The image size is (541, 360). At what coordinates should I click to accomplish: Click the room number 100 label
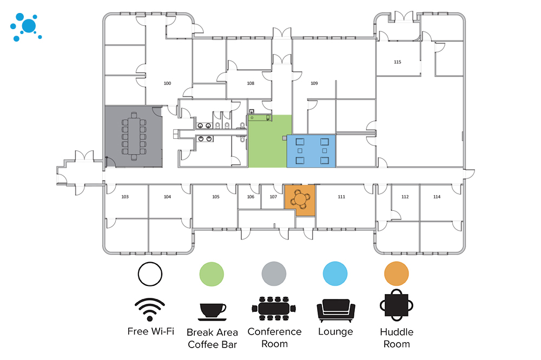[167, 83]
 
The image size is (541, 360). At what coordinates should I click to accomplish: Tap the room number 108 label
[250, 83]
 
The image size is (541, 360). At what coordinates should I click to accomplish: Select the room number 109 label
[314, 83]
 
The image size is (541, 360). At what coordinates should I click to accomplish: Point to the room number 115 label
[398, 62]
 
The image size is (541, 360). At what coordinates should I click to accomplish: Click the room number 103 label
[125, 197]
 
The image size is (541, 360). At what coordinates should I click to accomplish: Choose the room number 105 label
[216, 197]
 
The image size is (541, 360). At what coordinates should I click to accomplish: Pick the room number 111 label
[341, 197]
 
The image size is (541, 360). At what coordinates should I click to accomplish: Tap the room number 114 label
[437, 197]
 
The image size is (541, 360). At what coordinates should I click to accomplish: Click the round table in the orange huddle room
[300, 199]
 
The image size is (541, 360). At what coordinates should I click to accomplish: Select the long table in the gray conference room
[134, 136]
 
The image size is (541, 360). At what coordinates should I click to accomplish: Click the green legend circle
[212, 274]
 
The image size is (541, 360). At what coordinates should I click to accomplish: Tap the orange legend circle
[397, 274]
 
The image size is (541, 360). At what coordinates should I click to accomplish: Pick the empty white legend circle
[150, 274]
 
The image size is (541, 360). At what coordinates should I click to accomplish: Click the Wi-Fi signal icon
[150, 309]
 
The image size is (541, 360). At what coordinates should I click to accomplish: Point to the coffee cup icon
[212, 311]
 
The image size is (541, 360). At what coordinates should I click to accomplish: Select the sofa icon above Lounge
[336, 310]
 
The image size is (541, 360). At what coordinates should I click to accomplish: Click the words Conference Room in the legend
[275, 338]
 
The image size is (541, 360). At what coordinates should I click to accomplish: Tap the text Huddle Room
[397, 338]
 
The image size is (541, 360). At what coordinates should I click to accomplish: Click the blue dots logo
[26, 27]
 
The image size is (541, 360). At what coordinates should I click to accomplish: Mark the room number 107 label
[273, 197]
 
